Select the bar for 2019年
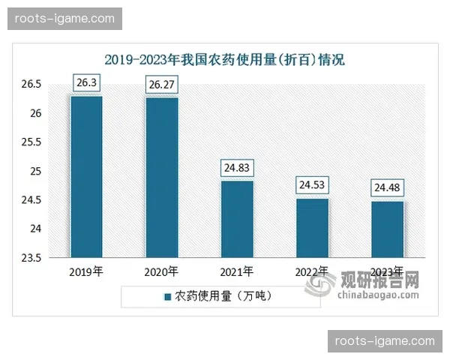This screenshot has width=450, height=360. click(x=86, y=177)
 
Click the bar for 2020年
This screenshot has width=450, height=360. click(x=162, y=178)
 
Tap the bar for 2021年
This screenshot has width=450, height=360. click(x=237, y=219)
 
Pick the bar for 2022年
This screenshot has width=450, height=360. click(x=313, y=228)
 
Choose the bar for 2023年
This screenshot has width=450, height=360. click(x=388, y=229)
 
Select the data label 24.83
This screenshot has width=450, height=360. click(x=237, y=168)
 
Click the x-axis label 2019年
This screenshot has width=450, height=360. click(x=86, y=271)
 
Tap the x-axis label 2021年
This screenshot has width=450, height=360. click(x=237, y=271)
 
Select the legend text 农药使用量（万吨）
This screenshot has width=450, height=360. click(x=223, y=296)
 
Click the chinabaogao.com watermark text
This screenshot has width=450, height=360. click(x=379, y=295)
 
